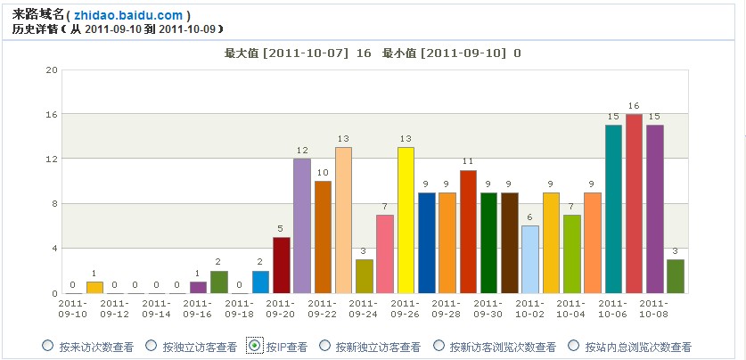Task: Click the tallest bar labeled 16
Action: pyautogui.click(x=634, y=204)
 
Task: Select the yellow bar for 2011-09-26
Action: pyautogui.click(x=406, y=220)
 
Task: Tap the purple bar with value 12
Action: pyautogui.click(x=302, y=225)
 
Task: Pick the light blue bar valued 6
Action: pyautogui.click(x=530, y=259)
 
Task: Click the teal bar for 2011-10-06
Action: pyautogui.click(x=613, y=209)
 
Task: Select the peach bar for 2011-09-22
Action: pyautogui.click(x=343, y=220)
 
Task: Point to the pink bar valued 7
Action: pyautogui.click(x=385, y=254)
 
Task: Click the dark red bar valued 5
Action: pyautogui.click(x=282, y=265)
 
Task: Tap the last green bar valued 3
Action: pyautogui.click(x=676, y=276)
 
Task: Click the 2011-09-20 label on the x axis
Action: pyautogui.click(x=282, y=308)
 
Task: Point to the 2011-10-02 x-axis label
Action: pyautogui.click(x=530, y=308)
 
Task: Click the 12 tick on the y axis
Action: pyautogui.click(x=53, y=159)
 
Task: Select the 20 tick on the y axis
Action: pyautogui.click(x=53, y=70)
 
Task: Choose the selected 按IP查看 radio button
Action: pyautogui.click(x=254, y=346)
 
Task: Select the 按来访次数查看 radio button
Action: pyautogui.click(x=47, y=346)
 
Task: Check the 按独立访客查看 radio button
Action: pyautogui.click(x=151, y=346)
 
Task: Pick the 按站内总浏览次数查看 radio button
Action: pyautogui.click(x=575, y=346)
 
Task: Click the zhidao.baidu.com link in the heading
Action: pyautogui.click(x=128, y=15)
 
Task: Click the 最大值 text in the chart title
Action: pyautogui.click(x=242, y=53)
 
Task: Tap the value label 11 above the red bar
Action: pyautogui.click(x=468, y=161)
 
